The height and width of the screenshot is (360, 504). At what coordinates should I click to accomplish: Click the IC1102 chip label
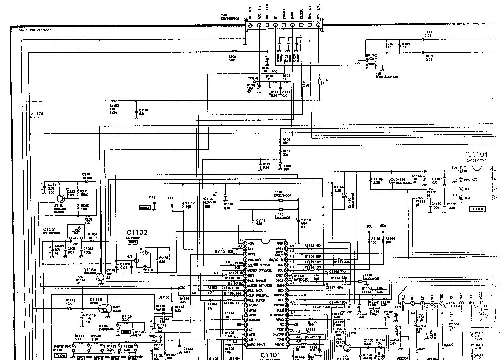136,233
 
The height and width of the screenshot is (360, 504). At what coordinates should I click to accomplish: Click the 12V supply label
40,114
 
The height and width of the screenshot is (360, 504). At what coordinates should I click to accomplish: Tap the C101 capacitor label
428,34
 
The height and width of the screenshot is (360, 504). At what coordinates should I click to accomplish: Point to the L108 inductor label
232,58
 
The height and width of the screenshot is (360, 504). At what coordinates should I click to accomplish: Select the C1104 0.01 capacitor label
164,259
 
